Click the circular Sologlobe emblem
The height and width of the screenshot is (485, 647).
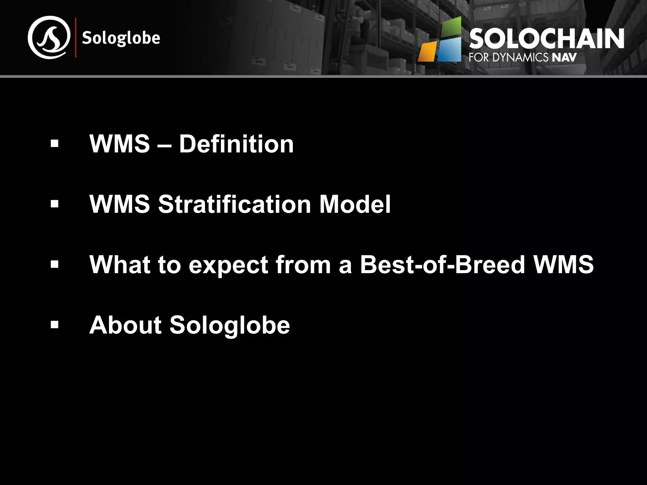click(49, 37)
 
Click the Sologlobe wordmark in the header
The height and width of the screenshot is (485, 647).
click(121, 39)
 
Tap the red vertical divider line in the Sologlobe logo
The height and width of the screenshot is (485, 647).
click(76, 38)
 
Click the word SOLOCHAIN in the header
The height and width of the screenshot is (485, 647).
click(546, 39)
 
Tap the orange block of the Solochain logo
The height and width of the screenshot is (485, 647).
click(427, 51)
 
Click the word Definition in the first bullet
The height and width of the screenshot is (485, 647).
click(236, 144)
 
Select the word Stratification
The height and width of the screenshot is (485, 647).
click(234, 204)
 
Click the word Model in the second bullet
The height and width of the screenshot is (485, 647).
click(355, 204)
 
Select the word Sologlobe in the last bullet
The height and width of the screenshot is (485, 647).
click(230, 325)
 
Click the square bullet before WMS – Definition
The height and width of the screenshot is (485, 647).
click(55, 144)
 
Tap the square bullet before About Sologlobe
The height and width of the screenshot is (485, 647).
click(55, 325)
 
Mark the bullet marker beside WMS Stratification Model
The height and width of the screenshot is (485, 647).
click(55, 204)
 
